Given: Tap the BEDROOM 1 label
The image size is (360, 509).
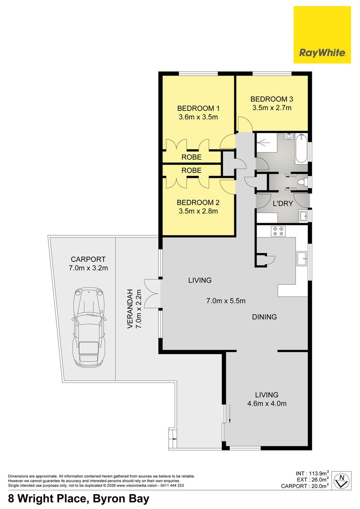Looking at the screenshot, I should [x=198, y=108].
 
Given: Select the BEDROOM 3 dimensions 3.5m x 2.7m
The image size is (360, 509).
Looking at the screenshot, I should [x=271, y=108].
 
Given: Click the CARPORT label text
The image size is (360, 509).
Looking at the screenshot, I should [x=88, y=259].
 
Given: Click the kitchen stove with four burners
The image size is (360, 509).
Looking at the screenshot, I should [x=276, y=231].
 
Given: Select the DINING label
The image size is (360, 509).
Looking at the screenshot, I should [x=264, y=317].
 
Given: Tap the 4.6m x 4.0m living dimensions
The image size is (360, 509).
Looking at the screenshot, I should [x=267, y=403].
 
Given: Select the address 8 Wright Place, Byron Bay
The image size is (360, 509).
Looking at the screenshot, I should [x=79, y=499].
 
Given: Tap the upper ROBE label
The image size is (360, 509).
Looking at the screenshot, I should [x=191, y=157].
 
